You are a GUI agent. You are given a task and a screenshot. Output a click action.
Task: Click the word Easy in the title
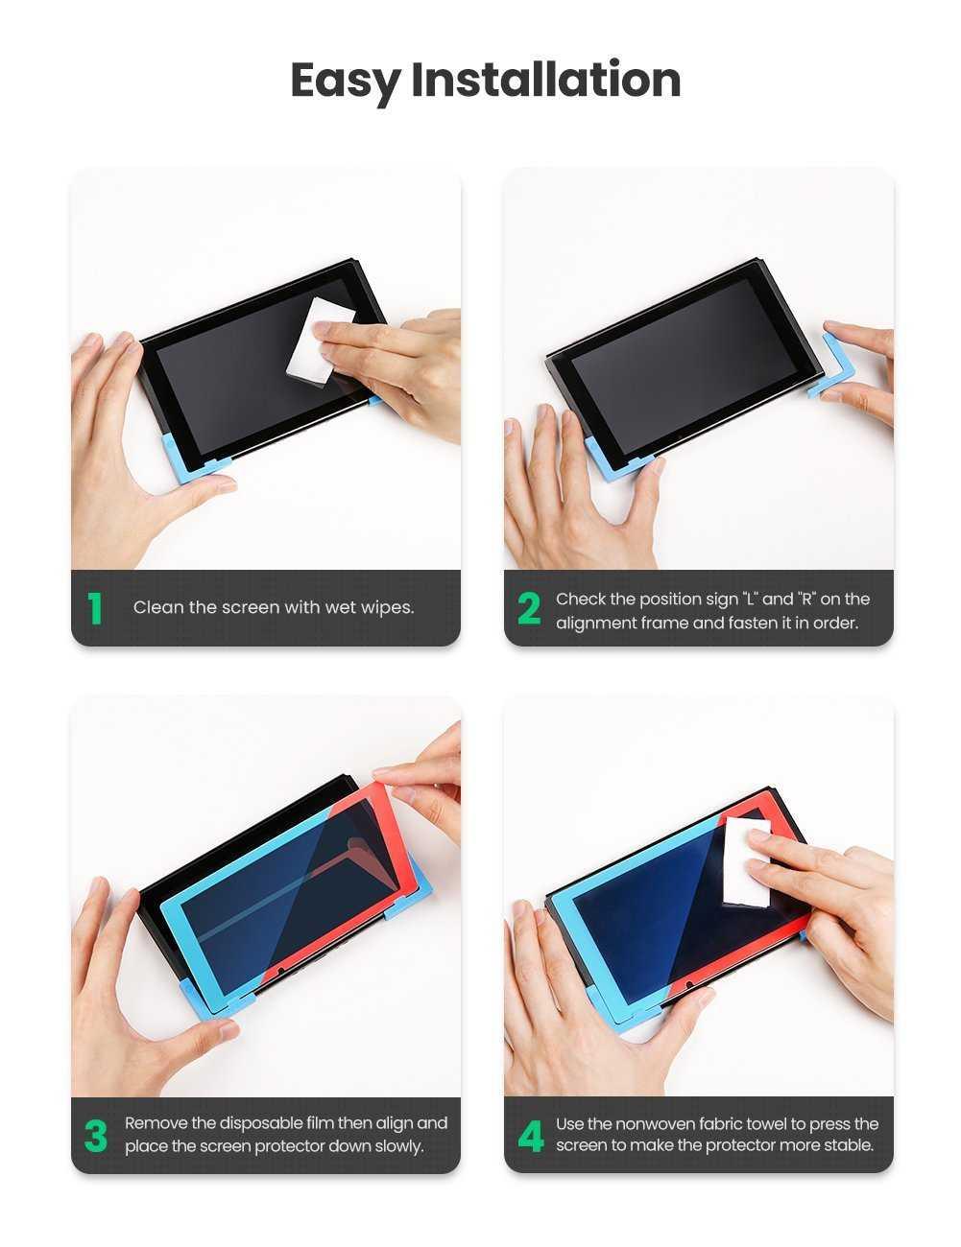345,81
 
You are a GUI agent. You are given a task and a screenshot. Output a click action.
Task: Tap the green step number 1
95,607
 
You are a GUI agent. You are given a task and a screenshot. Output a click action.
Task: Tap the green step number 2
528,608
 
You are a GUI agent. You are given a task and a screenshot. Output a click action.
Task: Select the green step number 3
95,1135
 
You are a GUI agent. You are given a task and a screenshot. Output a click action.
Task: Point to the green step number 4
530,1135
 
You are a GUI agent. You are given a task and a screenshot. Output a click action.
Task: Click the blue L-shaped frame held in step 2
832,367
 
